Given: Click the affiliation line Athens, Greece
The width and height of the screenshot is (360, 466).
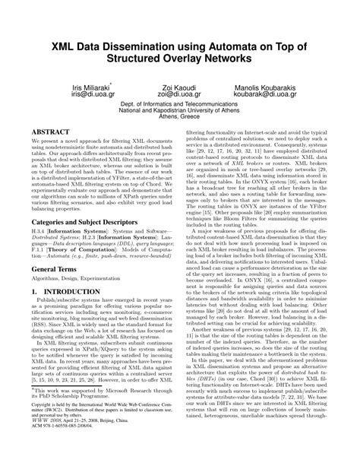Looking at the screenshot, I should point(180,118).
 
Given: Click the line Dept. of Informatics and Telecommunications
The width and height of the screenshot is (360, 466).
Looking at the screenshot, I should point(180,102).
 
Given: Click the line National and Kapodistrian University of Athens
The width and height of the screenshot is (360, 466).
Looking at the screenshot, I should point(180,109).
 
